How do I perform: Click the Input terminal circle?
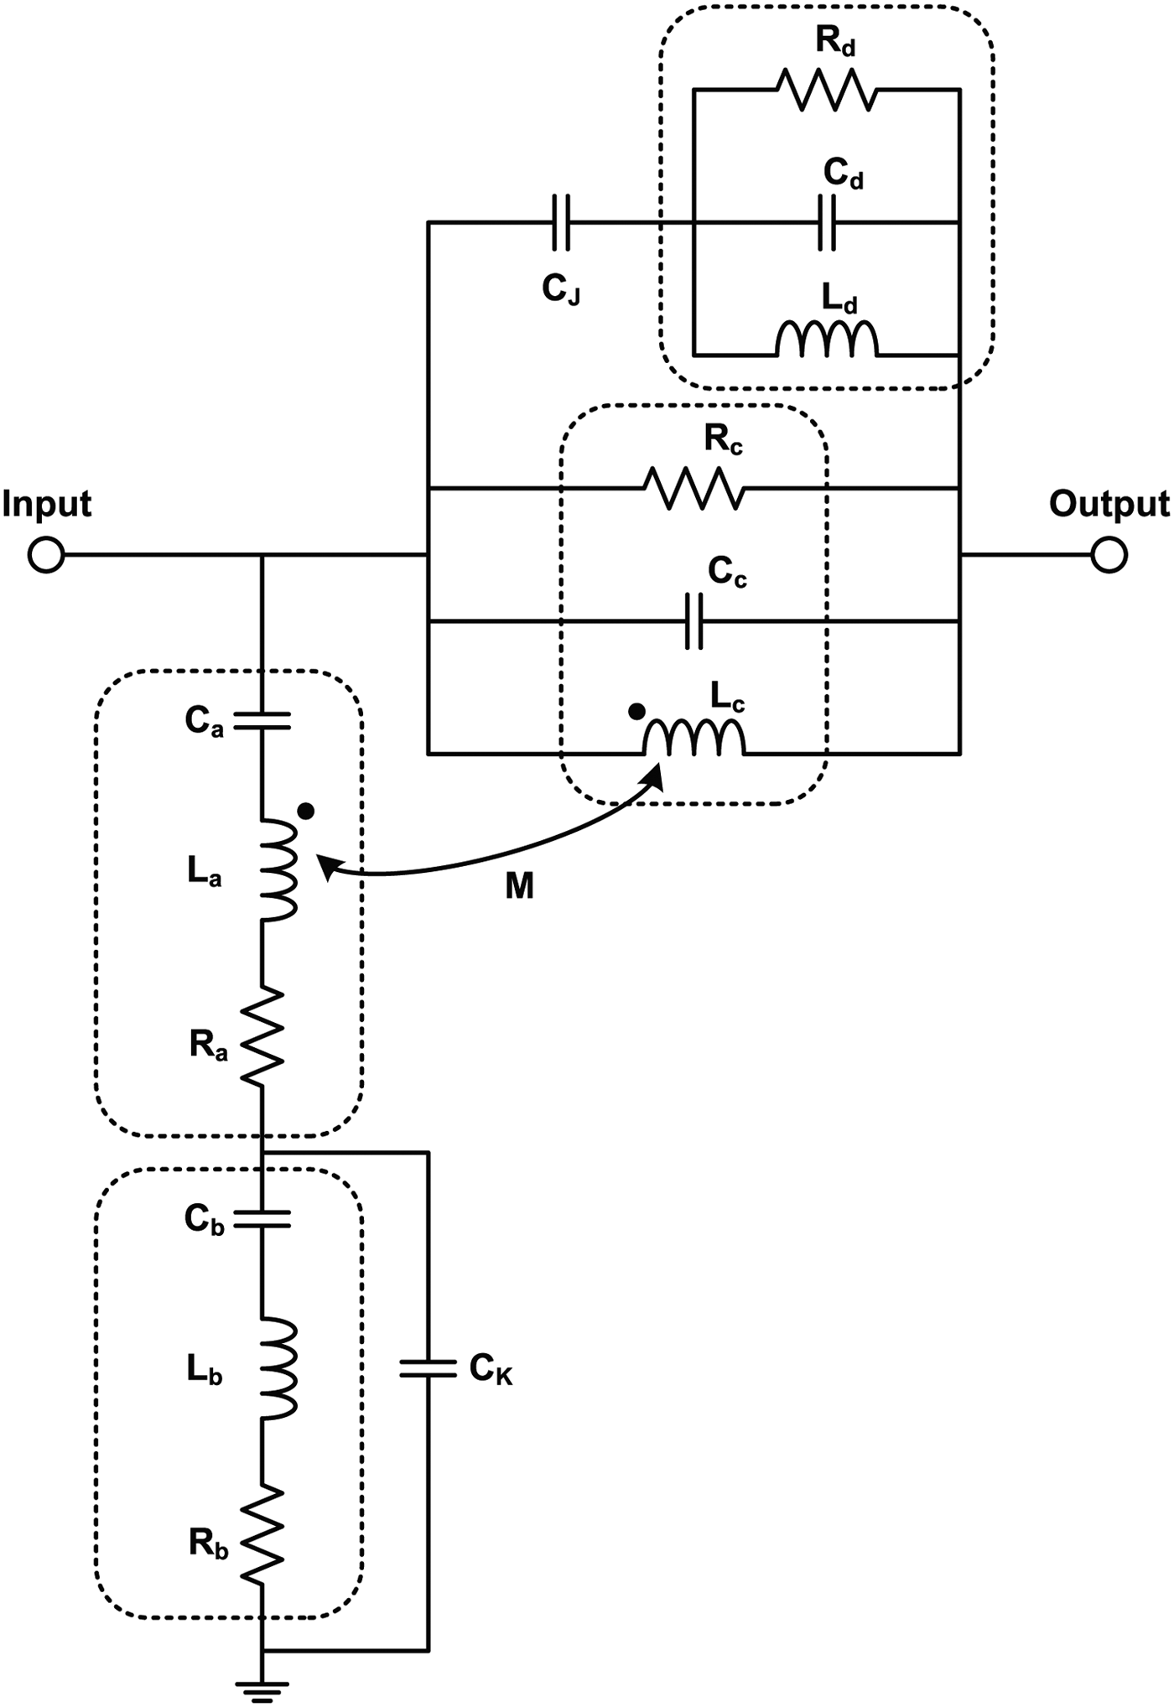46,555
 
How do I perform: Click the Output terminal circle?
1109,555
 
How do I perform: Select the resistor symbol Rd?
827,90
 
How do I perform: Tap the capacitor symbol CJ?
561,222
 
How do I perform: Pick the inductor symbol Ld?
827,340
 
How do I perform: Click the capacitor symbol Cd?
827,222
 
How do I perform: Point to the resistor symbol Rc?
693,489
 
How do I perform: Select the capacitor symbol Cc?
693,621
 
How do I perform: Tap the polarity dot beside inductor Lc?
636,711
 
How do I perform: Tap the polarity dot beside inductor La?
307,811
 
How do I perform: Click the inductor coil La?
277,870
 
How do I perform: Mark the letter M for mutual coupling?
519,886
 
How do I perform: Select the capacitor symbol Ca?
262,720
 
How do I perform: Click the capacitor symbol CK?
429,1369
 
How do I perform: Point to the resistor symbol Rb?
262,1535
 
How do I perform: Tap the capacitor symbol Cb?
262,1219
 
